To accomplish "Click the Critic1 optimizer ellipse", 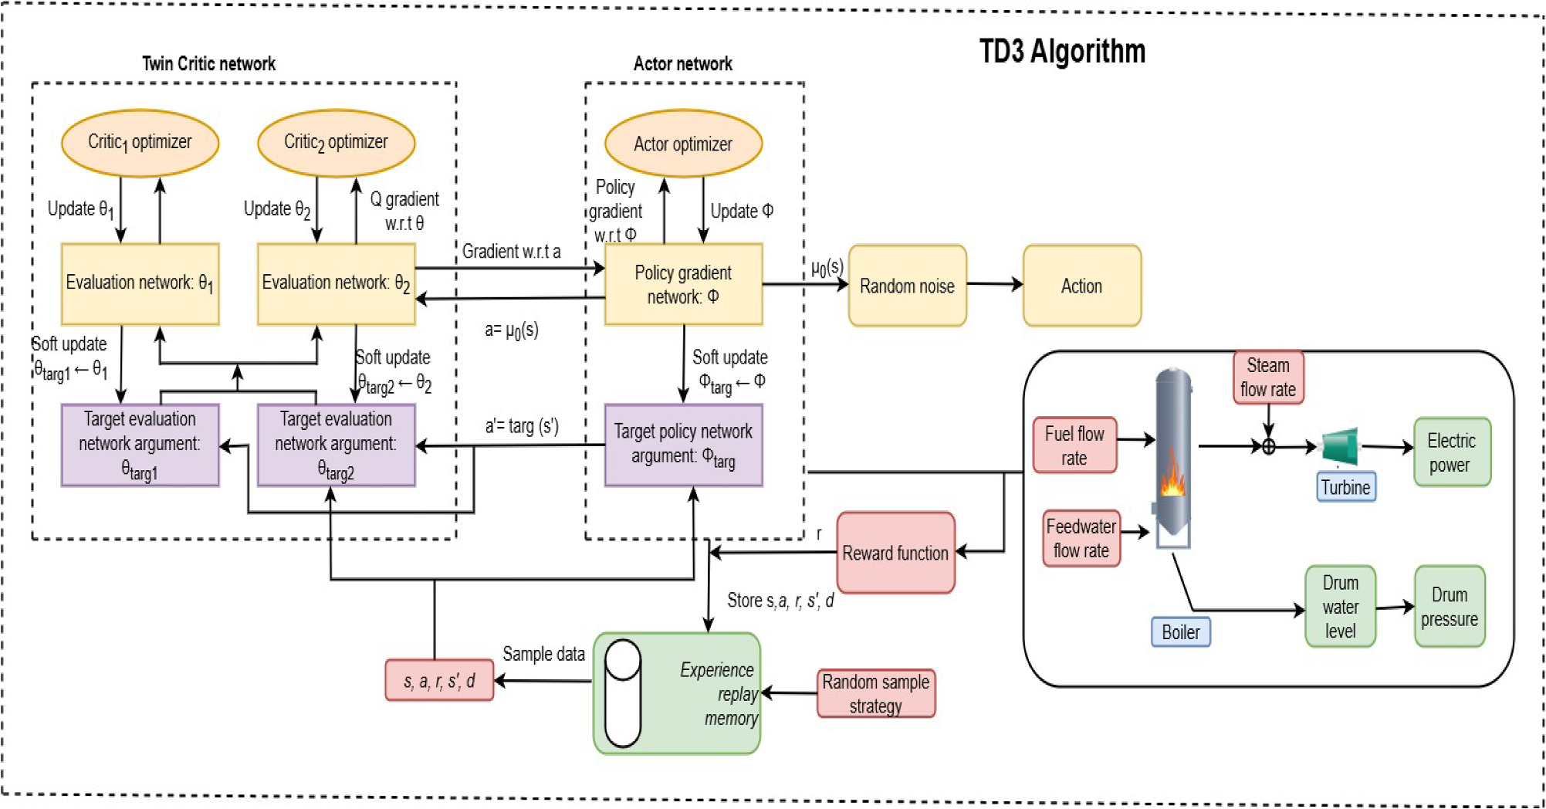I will pos(140,143).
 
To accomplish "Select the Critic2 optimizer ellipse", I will pos(336,143).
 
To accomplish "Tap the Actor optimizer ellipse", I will pos(683,144).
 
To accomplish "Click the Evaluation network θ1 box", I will pos(140,283).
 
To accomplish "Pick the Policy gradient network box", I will pos(683,284).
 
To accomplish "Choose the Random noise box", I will pos(907,286).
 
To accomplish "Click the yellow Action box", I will pos(1081,286).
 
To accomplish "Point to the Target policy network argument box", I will pos(683,445).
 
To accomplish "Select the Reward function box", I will pos(895,553).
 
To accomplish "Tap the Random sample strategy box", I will pos(875,693).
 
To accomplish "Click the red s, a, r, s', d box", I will pos(439,680).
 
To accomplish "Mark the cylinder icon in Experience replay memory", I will pos(623,693).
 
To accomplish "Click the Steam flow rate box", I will pos(1268,377).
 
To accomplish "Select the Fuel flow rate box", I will pos(1074,445).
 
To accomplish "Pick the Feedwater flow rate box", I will pos(1081,538).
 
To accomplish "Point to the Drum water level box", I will pos(1340,606).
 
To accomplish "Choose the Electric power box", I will pos(1451,452).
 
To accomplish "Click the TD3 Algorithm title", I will pos(1062,52).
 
